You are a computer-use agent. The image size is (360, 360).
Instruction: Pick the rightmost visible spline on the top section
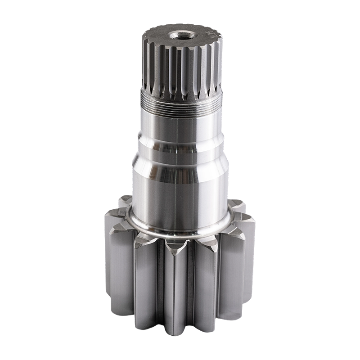click(219, 63)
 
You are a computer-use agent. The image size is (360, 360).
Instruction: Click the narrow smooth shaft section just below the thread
click(180, 124)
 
